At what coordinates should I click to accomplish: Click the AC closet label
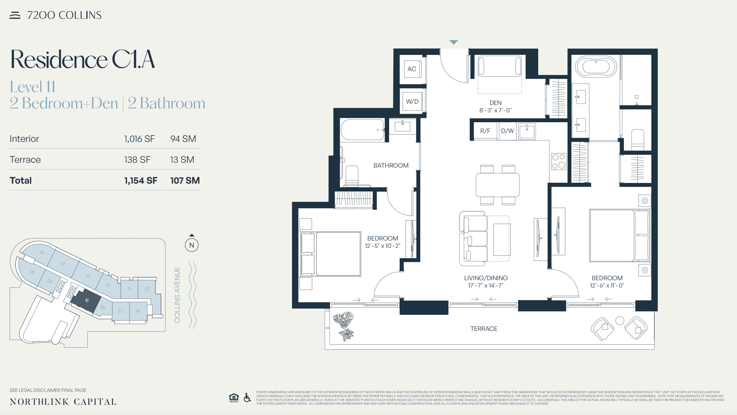412,69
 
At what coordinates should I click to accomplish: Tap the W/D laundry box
412,101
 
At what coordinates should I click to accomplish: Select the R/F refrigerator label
485,131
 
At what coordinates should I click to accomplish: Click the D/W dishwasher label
507,131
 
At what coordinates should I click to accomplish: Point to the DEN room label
495,103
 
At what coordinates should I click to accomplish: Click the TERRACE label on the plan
484,329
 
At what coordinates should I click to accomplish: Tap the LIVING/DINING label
486,278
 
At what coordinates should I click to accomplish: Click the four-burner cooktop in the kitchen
559,161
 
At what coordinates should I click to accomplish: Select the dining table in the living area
497,185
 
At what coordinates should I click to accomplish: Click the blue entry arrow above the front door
454,42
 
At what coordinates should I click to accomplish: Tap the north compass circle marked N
192,245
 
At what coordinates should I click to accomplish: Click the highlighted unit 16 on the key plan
86,301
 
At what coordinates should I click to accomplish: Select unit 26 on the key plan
138,311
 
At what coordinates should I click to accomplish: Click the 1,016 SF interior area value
139,139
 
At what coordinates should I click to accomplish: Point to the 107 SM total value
185,181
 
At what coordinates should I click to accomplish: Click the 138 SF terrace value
137,160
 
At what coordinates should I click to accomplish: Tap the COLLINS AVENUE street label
177,295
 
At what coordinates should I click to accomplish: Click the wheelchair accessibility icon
247,397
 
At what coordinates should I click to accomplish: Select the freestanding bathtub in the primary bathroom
596,67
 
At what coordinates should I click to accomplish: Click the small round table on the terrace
620,320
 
